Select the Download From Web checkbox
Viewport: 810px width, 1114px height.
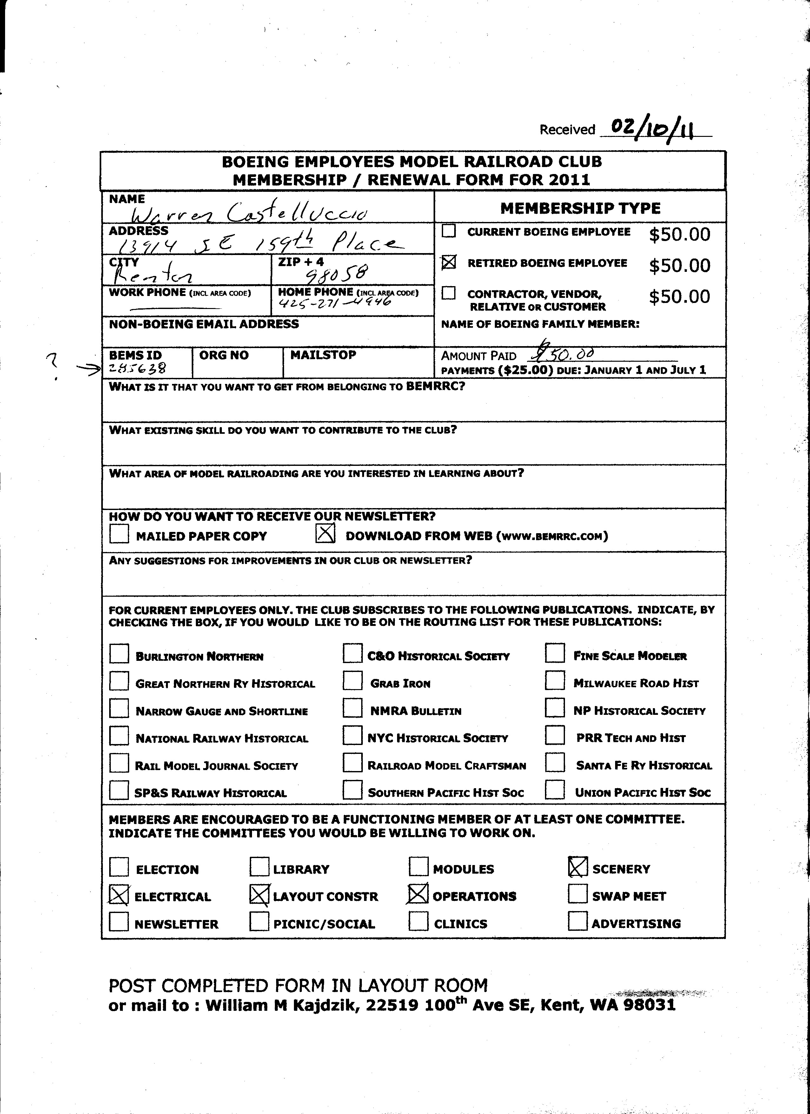click(x=325, y=534)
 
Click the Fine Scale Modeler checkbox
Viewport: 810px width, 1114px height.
click(x=555, y=653)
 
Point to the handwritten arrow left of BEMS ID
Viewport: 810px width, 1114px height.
click(x=88, y=372)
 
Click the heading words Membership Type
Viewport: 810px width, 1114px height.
click(x=580, y=208)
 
